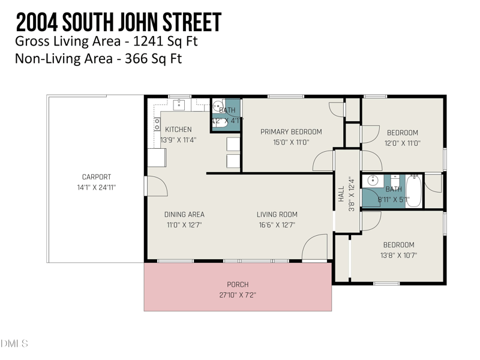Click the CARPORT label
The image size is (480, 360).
[97, 177]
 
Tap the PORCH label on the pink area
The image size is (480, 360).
[238, 284]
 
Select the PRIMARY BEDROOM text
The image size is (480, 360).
[291, 132]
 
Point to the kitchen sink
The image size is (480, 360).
[179, 106]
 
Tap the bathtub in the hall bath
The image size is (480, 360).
[413, 191]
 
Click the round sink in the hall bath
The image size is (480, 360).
[372, 180]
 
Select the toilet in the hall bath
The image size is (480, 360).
[395, 179]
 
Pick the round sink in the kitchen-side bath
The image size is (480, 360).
[218, 107]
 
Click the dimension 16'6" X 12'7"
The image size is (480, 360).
[277, 225]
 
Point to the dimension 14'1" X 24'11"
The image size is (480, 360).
[97, 187]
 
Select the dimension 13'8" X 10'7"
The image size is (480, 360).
[398, 255]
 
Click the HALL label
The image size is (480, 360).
[341, 194]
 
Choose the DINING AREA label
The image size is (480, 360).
[184, 215]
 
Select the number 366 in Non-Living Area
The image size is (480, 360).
[137, 58]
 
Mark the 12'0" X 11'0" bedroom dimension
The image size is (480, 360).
[402, 143]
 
